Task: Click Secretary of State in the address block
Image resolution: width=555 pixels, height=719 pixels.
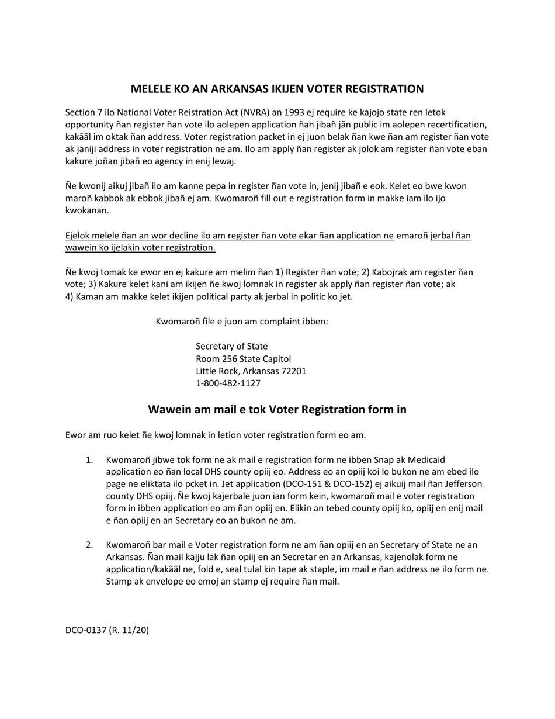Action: tap(232, 346)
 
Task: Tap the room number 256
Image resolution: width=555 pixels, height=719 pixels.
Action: tap(228, 358)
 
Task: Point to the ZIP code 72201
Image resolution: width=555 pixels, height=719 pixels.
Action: tap(292, 371)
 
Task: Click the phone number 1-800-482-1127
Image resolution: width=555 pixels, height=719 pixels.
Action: tap(228, 383)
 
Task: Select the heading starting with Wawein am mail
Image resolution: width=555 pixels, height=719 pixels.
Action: tap(277, 409)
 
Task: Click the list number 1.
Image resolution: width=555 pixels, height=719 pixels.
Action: tap(89, 460)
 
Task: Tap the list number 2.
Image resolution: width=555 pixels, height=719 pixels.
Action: tap(89, 545)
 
